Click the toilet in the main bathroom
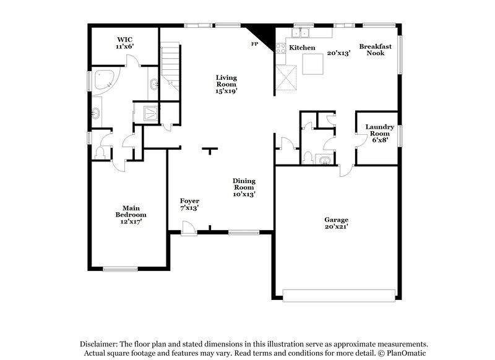101,152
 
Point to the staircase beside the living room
170,65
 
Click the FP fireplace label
254,44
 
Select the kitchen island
313,64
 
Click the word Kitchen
303,48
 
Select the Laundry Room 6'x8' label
379,134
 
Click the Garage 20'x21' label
337,223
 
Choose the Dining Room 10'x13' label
244,187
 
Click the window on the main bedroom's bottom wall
120,268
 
